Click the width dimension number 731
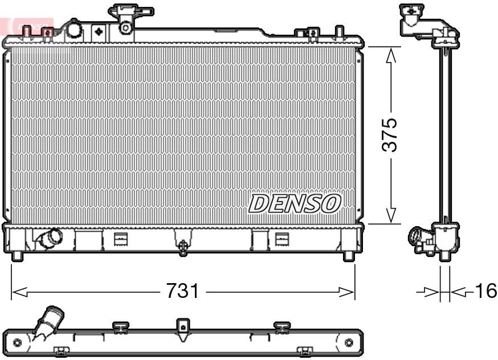[182, 292]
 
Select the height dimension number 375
[390, 135]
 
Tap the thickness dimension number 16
[486, 291]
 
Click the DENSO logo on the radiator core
[295, 203]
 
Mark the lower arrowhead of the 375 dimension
[391, 216]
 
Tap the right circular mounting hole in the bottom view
[349, 342]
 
